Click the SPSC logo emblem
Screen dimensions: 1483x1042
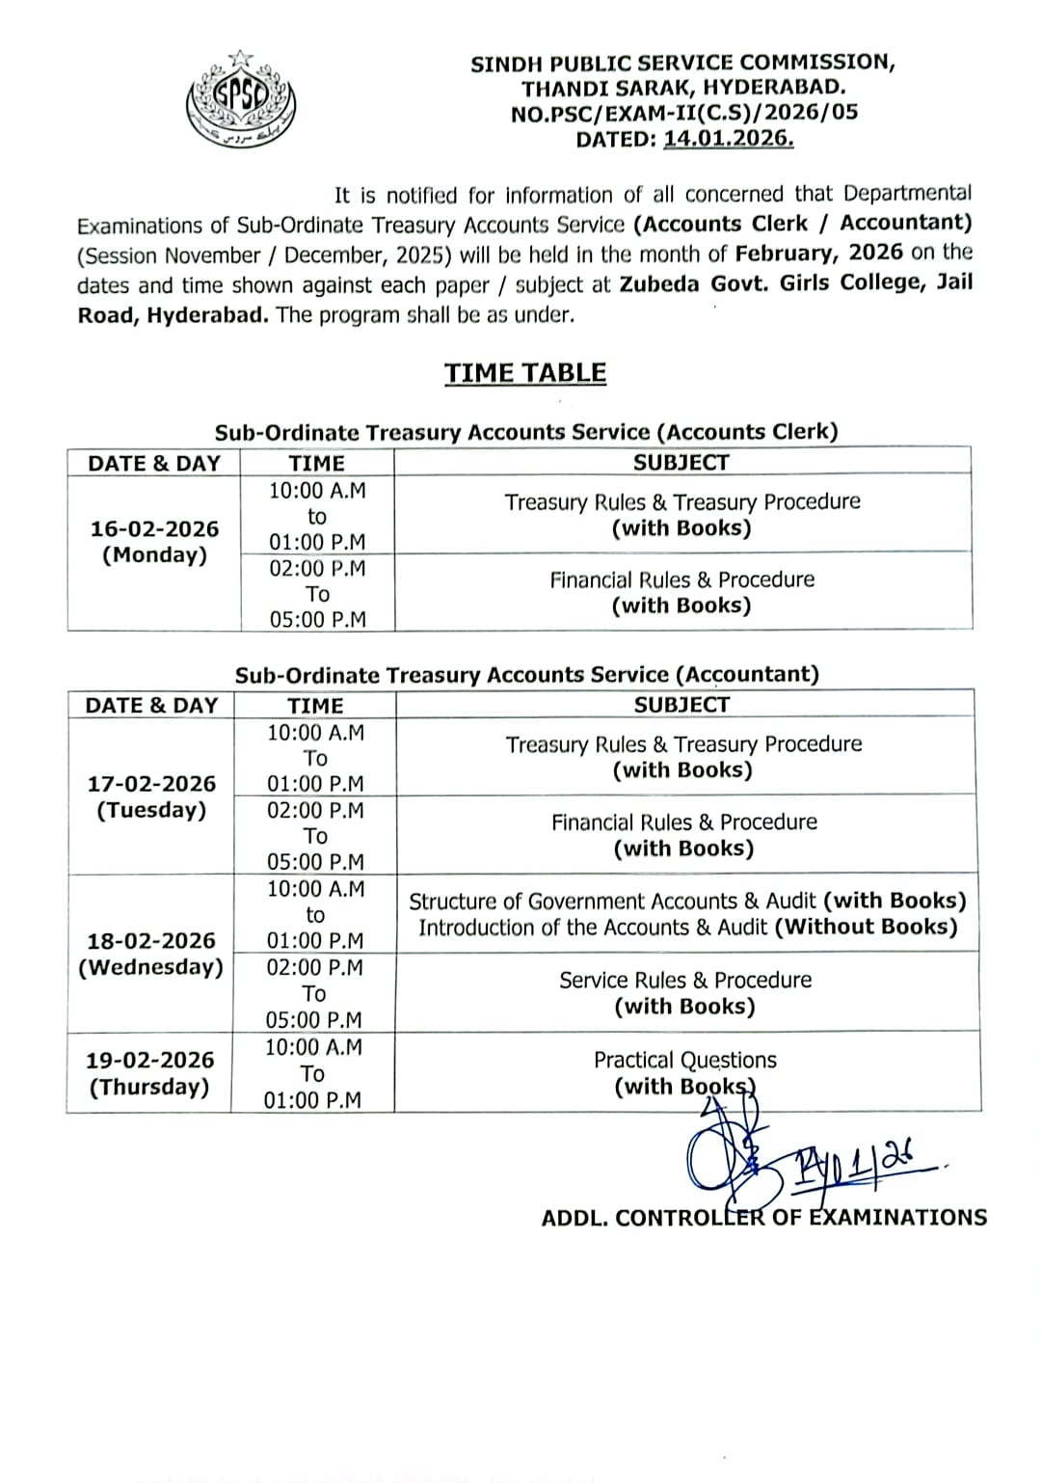tap(241, 99)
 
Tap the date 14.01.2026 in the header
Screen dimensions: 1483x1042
tap(729, 139)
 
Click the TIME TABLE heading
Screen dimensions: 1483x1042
tap(525, 373)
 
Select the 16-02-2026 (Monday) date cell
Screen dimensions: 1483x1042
tap(154, 542)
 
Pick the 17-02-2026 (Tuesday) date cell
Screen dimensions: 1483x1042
tap(151, 796)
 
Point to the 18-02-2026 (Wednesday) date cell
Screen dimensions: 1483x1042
tap(150, 954)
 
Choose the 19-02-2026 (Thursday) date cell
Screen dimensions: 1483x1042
tap(149, 1073)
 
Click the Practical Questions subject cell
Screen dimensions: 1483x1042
tap(685, 1072)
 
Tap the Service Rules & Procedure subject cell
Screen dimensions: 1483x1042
tap(685, 992)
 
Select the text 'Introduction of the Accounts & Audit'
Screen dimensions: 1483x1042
tap(593, 928)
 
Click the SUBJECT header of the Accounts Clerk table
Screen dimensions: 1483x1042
tap(681, 463)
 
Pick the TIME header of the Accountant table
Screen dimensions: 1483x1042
tap(315, 706)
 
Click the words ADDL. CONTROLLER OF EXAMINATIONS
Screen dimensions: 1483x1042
tap(763, 1218)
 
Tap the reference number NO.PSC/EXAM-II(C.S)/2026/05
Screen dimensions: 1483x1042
tap(683, 113)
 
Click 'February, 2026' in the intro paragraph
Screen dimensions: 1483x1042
tap(818, 253)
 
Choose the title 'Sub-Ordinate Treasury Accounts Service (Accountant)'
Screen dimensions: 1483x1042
tap(526, 675)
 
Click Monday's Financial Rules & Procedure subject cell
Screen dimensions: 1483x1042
tap(682, 592)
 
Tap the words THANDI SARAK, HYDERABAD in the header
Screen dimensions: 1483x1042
tap(683, 88)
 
